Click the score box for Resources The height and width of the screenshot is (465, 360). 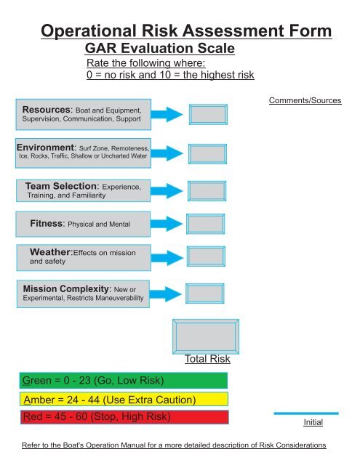(208, 115)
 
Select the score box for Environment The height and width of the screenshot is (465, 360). (207, 154)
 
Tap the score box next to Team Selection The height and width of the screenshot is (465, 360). (207, 191)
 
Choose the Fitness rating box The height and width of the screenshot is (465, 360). (206, 224)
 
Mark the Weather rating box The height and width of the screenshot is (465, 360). (206, 256)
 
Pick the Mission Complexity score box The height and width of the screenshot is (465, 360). (205, 294)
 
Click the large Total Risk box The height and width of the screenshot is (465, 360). (206, 336)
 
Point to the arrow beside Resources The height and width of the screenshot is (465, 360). (167, 115)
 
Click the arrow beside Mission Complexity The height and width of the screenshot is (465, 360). (165, 294)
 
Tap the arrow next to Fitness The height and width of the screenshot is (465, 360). (167, 224)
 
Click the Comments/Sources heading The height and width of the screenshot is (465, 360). (305, 100)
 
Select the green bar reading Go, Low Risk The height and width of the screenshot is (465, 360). (124, 381)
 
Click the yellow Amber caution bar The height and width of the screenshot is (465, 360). (124, 400)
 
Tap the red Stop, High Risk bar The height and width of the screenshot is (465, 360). (124, 417)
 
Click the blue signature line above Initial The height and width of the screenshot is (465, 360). (306, 413)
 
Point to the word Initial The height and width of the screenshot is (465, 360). (313, 422)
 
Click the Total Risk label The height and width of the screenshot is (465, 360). (207, 359)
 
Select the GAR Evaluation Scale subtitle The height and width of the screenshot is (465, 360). (160, 49)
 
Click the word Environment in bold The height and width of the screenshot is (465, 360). (45, 147)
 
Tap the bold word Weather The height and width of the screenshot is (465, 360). (50, 252)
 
